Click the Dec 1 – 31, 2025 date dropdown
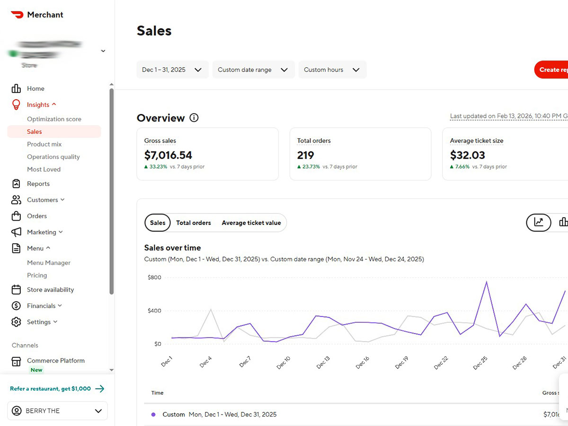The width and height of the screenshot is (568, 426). (x=172, y=70)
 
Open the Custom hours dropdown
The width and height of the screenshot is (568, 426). (x=332, y=70)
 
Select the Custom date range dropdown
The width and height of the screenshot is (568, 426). (x=253, y=70)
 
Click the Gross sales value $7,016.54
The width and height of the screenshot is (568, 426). (x=168, y=155)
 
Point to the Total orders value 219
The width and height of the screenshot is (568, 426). (x=306, y=155)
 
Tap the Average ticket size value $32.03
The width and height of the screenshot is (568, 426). (x=467, y=155)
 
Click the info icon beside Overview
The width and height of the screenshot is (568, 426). (x=194, y=118)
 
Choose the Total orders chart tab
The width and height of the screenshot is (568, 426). (x=194, y=223)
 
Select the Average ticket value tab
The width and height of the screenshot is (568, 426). (x=251, y=223)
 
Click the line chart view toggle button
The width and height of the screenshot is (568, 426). (x=539, y=222)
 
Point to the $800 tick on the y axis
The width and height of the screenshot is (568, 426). (x=154, y=277)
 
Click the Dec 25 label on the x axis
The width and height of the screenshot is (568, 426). (x=480, y=363)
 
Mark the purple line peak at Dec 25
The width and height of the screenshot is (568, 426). (x=486, y=282)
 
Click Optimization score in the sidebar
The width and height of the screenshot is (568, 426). (x=54, y=119)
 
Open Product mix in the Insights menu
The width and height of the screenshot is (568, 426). (x=44, y=144)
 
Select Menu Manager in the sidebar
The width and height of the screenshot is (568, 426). (x=49, y=263)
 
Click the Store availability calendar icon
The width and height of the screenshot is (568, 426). (x=16, y=290)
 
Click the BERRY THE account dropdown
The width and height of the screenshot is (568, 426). (x=57, y=411)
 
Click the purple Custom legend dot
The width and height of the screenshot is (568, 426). (x=153, y=415)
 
